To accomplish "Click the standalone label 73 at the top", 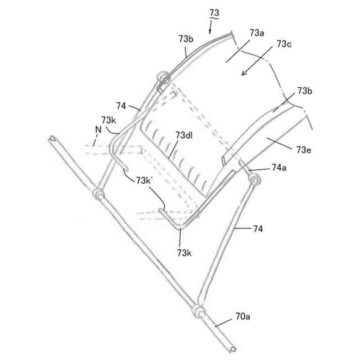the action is [x=215, y=12].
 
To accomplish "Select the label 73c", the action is [x=284, y=44].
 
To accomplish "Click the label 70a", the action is [x=242, y=318].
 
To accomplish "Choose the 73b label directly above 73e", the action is [x=305, y=91].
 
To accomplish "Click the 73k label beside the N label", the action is [x=109, y=120].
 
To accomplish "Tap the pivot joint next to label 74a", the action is [x=255, y=180].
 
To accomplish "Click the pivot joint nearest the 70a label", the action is [x=198, y=310].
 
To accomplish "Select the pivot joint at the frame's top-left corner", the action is [x=162, y=77].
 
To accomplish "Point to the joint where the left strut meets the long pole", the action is [x=100, y=195].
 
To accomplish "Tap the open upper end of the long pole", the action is [x=53, y=137].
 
